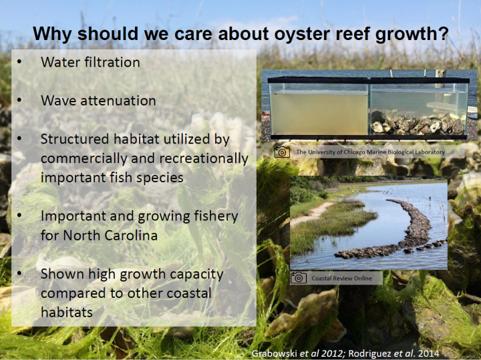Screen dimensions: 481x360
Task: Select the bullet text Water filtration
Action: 90,62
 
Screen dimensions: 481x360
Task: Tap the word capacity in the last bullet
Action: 196,275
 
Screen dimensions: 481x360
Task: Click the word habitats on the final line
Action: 67,313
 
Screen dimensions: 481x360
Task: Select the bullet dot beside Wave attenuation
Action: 19,100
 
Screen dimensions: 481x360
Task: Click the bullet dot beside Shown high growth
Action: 19,273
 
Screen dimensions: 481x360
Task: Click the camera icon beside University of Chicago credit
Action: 282,152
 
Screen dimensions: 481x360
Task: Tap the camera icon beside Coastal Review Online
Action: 299,278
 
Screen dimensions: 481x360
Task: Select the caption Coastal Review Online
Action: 342,279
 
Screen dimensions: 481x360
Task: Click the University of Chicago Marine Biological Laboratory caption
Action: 371,152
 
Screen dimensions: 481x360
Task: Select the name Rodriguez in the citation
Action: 371,353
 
